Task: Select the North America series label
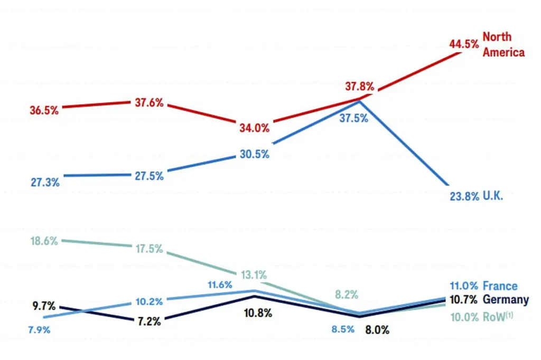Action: click(x=503, y=45)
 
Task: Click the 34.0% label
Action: click(x=255, y=128)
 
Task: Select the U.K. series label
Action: click(x=492, y=196)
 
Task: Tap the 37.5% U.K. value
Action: click(x=354, y=118)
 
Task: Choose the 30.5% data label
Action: click(x=255, y=154)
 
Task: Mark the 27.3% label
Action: click(x=45, y=183)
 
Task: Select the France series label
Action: click(x=500, y=286)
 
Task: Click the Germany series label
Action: click(x=506, y=300)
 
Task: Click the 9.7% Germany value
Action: click(x=44, y=306)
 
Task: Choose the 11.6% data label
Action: click(x=220, y=285)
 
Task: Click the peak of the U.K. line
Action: click(x=360, y=100)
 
